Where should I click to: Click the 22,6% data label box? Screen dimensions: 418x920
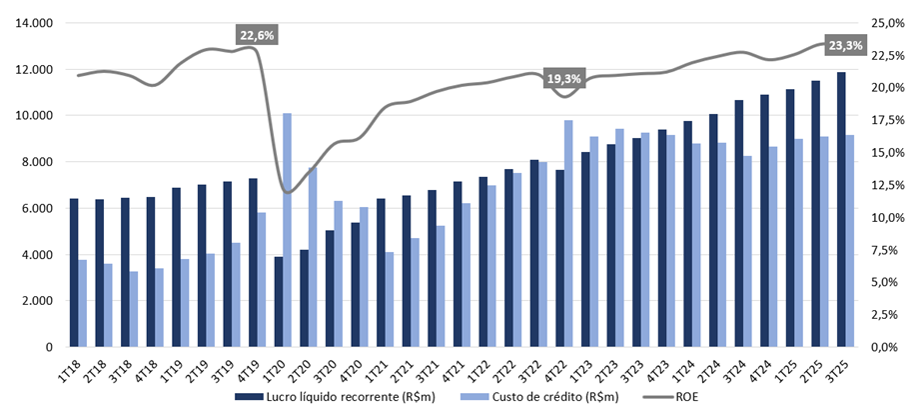[x=257, y=35]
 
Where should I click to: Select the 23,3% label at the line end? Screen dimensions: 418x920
[x=845, y=45]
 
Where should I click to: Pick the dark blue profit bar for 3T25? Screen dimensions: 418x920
[x=842, y=210]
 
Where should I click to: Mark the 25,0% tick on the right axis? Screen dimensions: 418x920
[x=885, y=23]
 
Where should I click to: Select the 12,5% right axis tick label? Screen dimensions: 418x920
[x=885, y=185]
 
